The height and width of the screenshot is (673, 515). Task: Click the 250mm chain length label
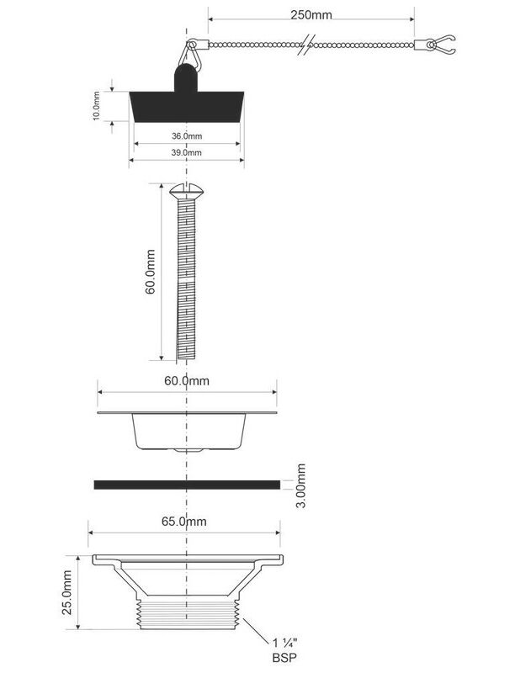click(x=311, y=15)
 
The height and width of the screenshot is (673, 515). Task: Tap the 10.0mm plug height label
click(x=96, y=106)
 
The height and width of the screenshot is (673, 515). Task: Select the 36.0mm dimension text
click(x=187, y=136)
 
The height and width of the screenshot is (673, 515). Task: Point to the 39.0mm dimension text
click(x=187, y=152)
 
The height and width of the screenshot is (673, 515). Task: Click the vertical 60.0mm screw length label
click(x=150, y=272)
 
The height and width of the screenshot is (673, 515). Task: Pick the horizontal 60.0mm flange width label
click(x=187, y=381)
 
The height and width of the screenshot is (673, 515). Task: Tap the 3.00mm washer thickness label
click(x=301, y=485)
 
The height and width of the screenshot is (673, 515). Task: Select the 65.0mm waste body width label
click(x=184, y=522)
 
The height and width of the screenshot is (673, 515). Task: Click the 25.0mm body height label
click(x=67, y=592)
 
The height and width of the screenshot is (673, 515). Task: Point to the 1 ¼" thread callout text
click(x=285, y=643)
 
